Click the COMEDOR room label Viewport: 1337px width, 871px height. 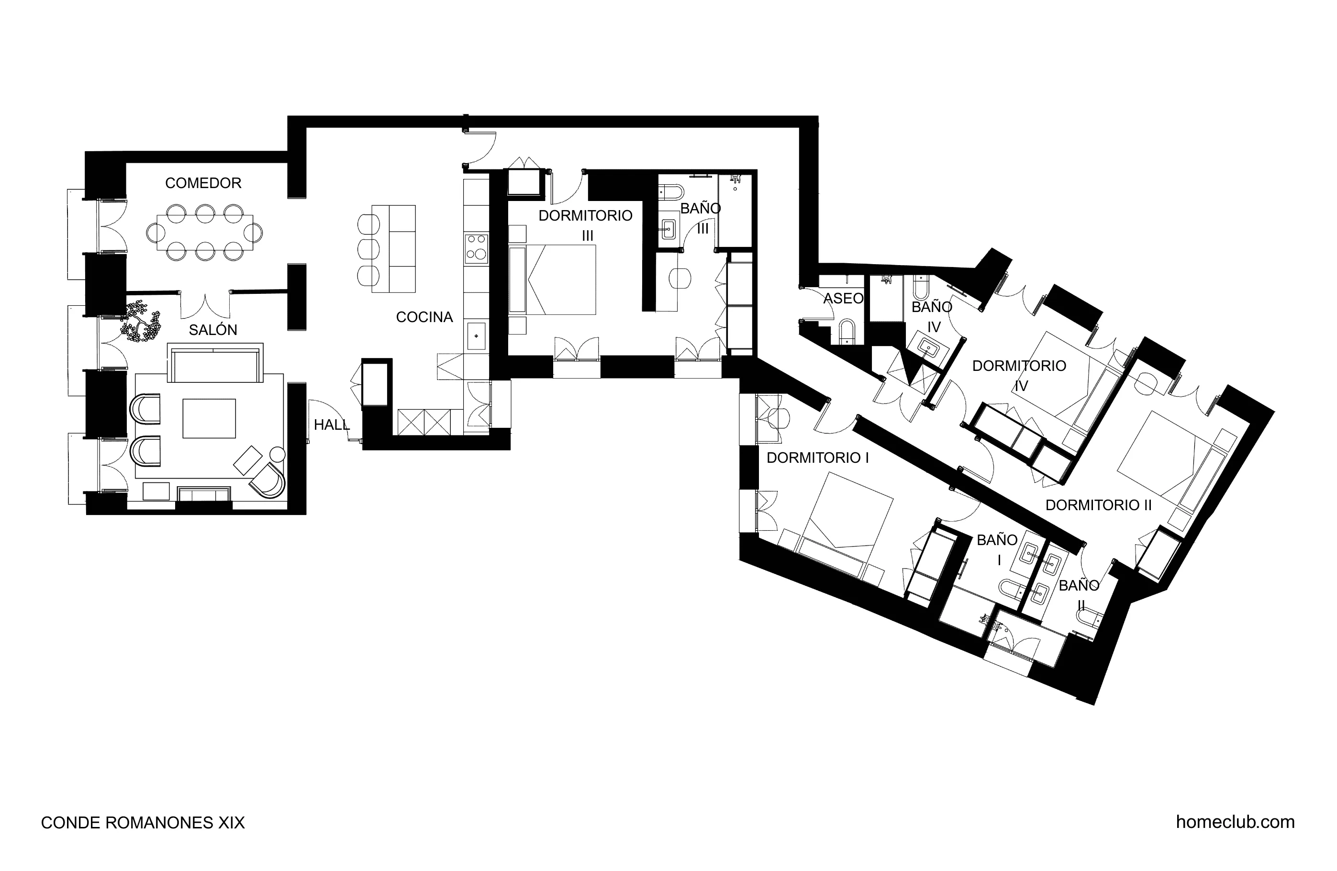click(x=203, y=183)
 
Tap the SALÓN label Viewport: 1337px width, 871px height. click(x=212, y=330)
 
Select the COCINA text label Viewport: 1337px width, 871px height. click(x=424, y=317)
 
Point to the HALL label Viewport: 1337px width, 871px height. click(x=331, y=425)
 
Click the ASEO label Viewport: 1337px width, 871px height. click(x=843, y=298)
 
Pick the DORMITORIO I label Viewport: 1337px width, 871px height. click(x=817, y=458)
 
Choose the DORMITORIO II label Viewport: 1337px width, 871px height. click(x=1098, y=505)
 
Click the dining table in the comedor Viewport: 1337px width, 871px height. click(x=205, y=232)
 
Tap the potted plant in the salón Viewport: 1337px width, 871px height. click(x=140, y=322)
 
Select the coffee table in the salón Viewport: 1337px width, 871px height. click(x=209, y=418)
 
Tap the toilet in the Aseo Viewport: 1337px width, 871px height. click(x=847, y=332)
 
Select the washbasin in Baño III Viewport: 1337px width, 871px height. click(x=668, y=229)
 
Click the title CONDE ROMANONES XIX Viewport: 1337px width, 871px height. click(x=143, y=823)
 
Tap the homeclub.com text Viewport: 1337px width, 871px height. click(x=1235, y=822)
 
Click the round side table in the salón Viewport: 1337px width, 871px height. click(x=278, y=454)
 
